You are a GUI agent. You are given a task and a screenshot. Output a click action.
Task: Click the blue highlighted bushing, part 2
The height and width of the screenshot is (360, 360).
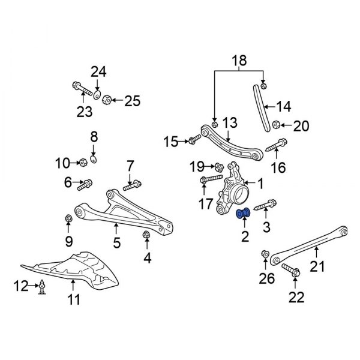244,214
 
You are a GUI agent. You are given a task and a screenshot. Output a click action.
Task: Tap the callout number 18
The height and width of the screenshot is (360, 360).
238,61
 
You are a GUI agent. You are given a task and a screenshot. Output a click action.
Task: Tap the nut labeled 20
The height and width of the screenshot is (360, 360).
277,125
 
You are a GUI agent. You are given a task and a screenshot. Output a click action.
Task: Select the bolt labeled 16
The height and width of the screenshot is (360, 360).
280,145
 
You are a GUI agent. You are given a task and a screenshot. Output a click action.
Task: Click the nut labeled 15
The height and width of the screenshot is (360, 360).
193,142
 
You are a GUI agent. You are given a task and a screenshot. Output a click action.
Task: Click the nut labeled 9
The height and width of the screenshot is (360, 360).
68,217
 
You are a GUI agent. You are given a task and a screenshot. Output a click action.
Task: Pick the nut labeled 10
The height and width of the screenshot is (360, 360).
83,162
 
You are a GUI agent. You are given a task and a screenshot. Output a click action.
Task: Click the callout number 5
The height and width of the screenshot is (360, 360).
116,242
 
